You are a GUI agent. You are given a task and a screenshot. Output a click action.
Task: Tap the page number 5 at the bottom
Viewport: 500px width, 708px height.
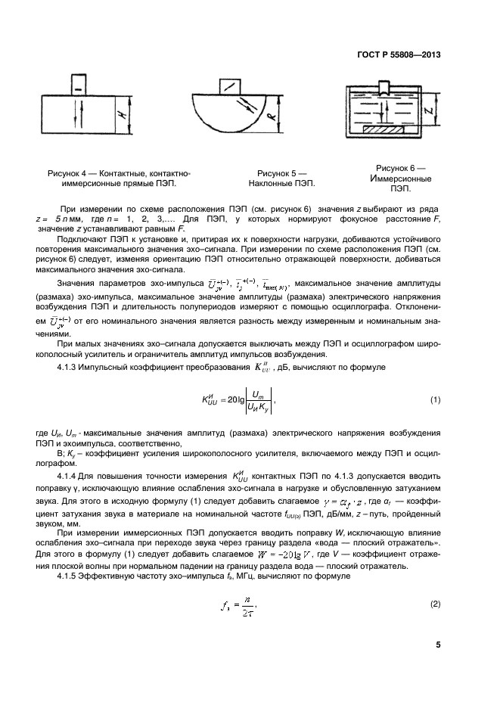[x=438, y=645]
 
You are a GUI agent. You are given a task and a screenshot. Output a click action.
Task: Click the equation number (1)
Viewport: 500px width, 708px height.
[x=435, y=399]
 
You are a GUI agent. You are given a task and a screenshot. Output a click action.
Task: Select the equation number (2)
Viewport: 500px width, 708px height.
[x=435, y=603]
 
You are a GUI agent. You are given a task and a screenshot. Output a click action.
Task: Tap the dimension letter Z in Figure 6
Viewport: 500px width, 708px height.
[x=429, y=113]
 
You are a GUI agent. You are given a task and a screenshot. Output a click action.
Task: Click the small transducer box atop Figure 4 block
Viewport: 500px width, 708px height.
[x=78, y=84]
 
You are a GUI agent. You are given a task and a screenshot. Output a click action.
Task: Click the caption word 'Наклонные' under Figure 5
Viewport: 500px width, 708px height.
[x=271, y=183]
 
